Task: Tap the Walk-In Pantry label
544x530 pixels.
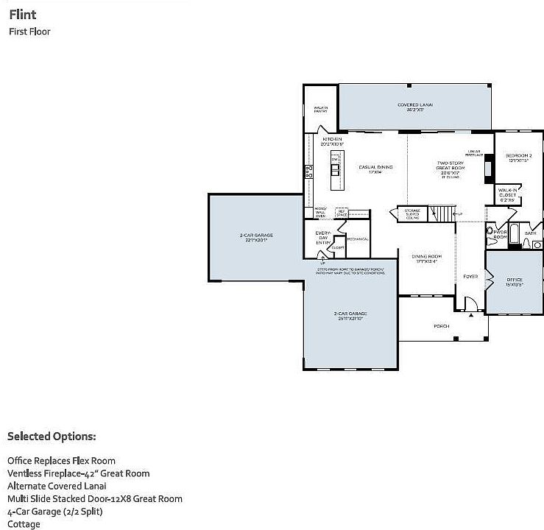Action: pyautogui.click(x=320, y=110)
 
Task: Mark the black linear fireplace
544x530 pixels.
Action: pyautogui.click(x=487, y=171)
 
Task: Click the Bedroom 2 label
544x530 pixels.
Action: pyautogui.click(x=518, y=158)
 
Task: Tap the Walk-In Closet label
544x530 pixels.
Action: pyautogui.click(x=508, y=194)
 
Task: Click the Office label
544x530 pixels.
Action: pyautogui.click(x=514, y=281)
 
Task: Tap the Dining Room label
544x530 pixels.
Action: pyautogui.click(x=426, y=258)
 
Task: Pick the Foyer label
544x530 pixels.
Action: pyautogui.click(x=470, y=277)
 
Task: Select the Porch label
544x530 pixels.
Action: pyautogui.click(x=441, y=325)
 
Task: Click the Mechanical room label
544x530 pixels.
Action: pyautogui.click(x=358, y=239)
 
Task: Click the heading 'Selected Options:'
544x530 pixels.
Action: pyautogui.click(x=52, y=437)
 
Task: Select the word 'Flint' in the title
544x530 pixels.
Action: pyautogui.click(x=23, y=15)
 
